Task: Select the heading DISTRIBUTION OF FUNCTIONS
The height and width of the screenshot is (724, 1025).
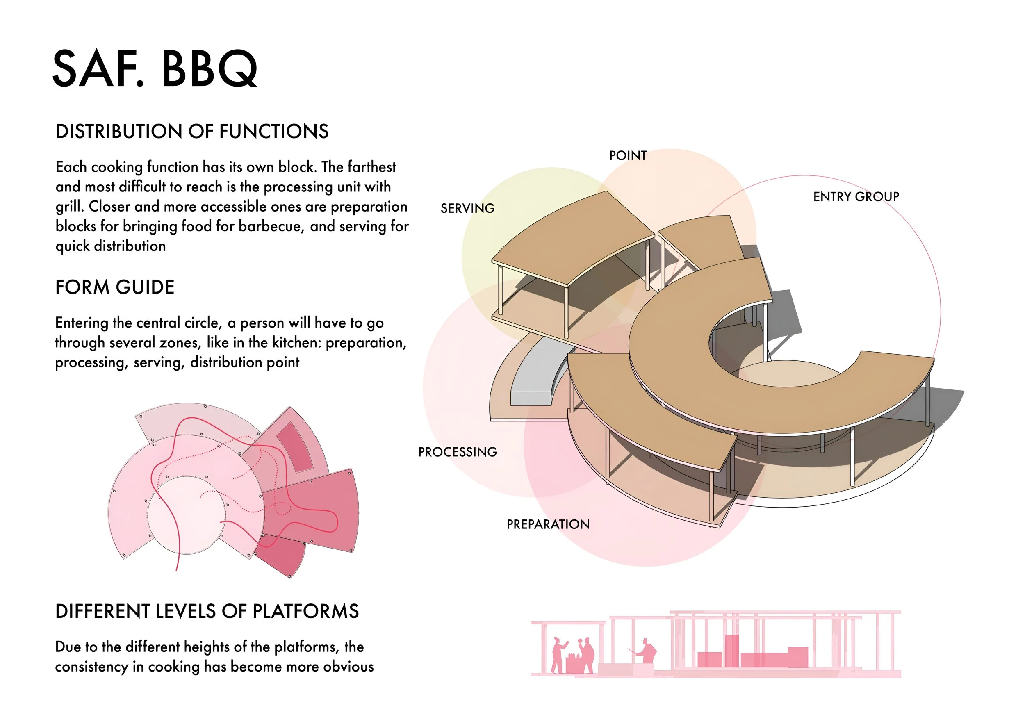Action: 192,132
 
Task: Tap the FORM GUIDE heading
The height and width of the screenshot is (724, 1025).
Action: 115,287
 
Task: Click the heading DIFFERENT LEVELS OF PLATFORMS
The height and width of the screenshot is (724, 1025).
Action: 207,611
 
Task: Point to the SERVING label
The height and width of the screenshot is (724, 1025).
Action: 467,208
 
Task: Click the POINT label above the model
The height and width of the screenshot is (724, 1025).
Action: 628,156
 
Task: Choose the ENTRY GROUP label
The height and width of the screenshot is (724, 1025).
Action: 856,197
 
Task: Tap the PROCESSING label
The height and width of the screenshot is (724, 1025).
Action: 457,452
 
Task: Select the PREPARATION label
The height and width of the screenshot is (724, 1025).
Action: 548,524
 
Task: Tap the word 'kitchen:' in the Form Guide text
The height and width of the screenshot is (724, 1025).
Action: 295,343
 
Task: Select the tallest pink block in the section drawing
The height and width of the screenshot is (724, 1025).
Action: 732,650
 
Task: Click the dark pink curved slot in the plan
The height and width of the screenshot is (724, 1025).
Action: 296,447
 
